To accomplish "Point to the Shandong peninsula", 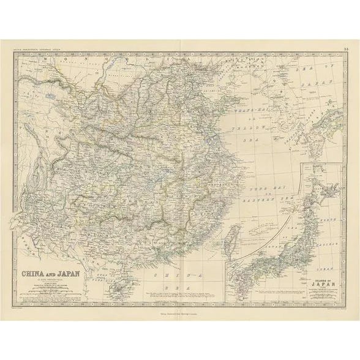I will point(231,125).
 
